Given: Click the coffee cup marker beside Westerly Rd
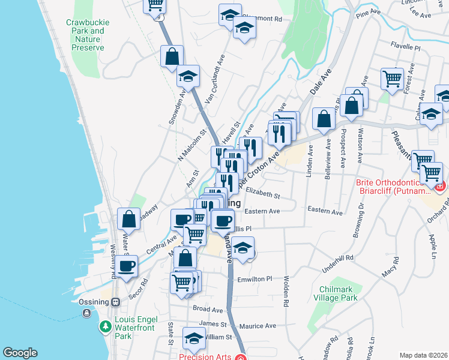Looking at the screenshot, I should tap(126, 266).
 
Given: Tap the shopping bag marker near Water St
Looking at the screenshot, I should tap(129, 219).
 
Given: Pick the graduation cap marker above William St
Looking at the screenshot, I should tap(194, 340).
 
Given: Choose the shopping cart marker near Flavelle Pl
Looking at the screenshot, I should tap(392, 78).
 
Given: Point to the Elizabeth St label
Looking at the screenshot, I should tap(263, 195).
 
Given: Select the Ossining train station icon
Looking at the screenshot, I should tap(116, 302).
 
